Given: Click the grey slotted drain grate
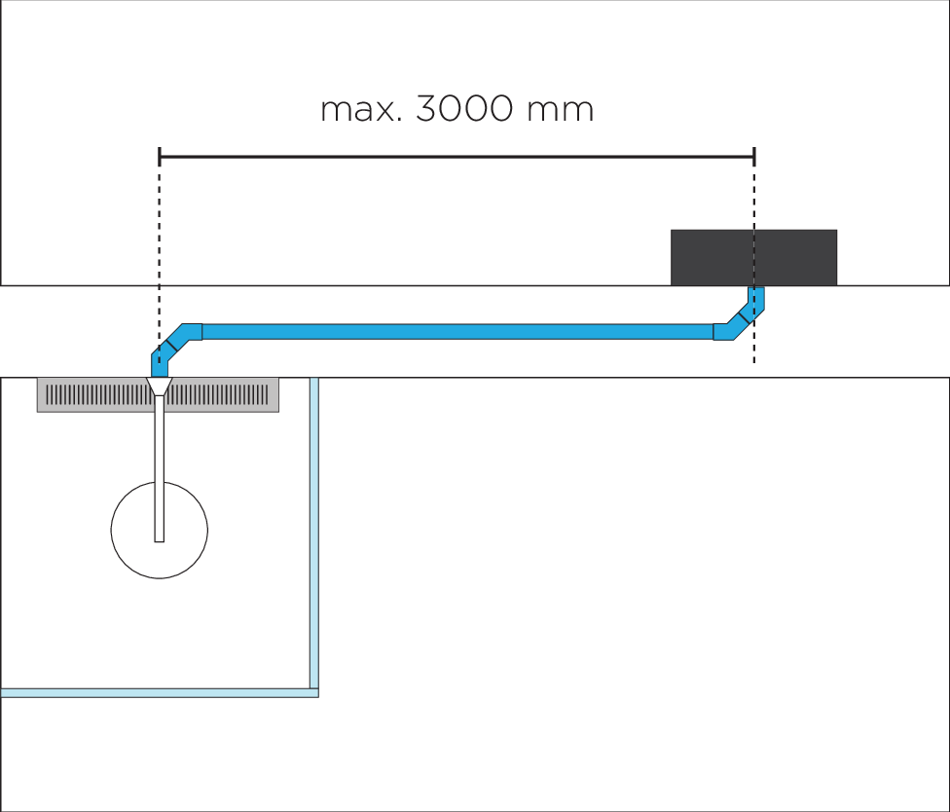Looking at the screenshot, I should click(x=224, y=394).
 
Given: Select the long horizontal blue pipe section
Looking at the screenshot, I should click(x=457, y=331).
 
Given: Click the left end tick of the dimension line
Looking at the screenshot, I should click(x=159, y=155).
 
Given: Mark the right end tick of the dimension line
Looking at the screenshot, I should click(x=754, y=155).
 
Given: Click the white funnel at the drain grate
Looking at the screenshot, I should click(x=159, y=387).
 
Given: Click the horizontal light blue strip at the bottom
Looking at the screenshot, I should click(x=156, y=692).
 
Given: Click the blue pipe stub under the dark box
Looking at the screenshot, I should click(x=756, y=295).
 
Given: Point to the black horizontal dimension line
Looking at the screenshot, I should click(x=457, y=155).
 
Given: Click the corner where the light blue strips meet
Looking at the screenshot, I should click(x=314, y=692).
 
